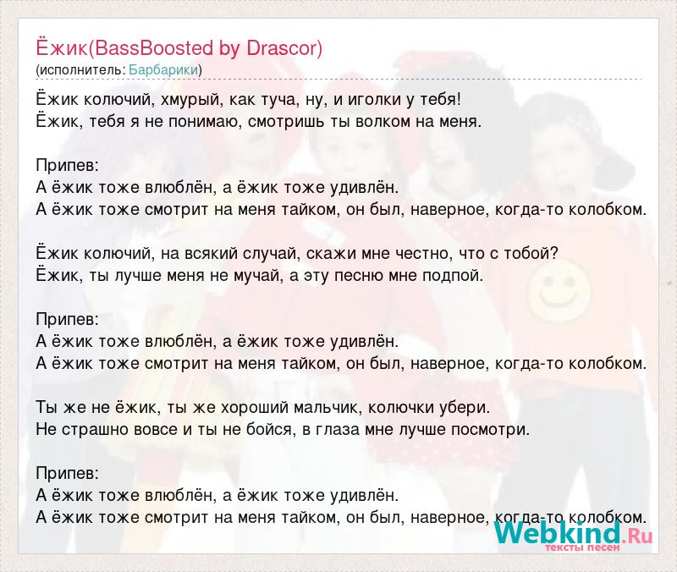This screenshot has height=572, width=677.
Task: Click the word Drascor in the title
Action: coord(282,48)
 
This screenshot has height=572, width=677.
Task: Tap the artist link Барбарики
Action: coord(163,70)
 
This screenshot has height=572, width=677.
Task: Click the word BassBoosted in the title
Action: coord(153,48)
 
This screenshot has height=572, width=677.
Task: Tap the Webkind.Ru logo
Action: coord(574,534)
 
